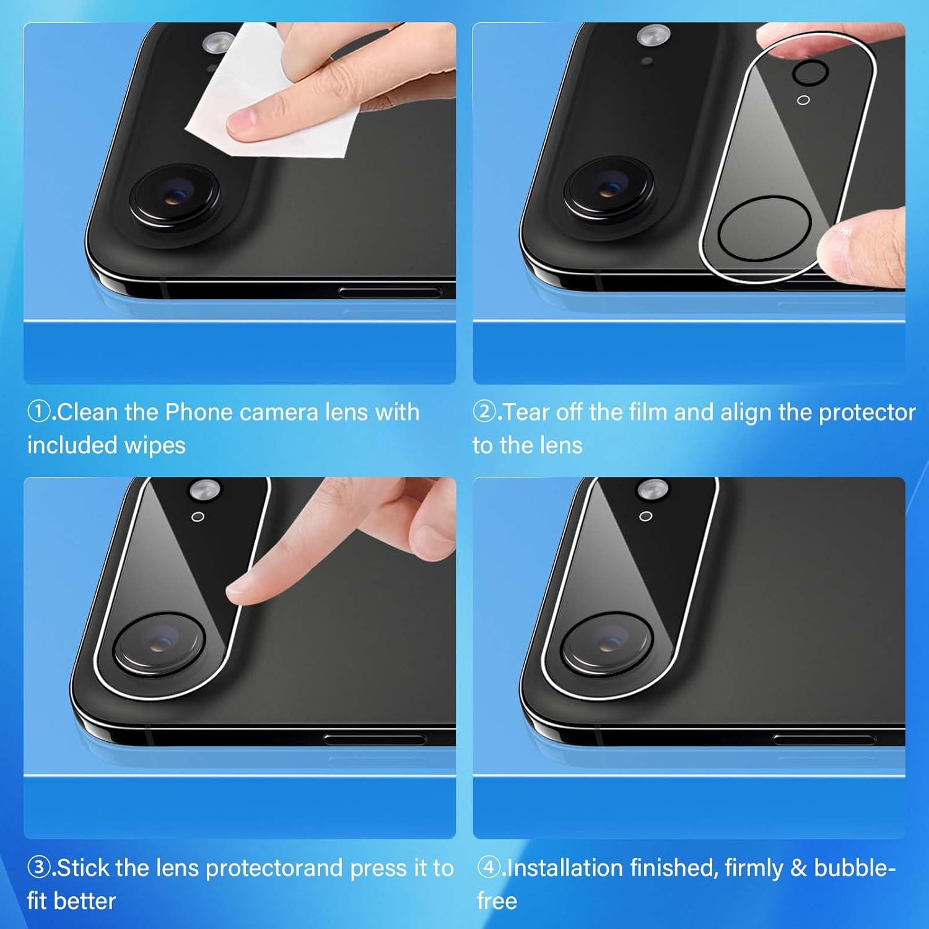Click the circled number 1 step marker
click(38, 412)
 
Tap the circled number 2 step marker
click(484, 412)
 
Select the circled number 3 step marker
click(38, 868)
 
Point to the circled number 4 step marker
click(489, 868)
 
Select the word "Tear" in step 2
click(526, 412)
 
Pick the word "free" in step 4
click(497, 901)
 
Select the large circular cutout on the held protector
click(764, 229)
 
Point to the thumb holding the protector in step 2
click(861, 245)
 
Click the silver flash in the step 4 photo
click(653, 490)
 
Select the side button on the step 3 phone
click(375, 739)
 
